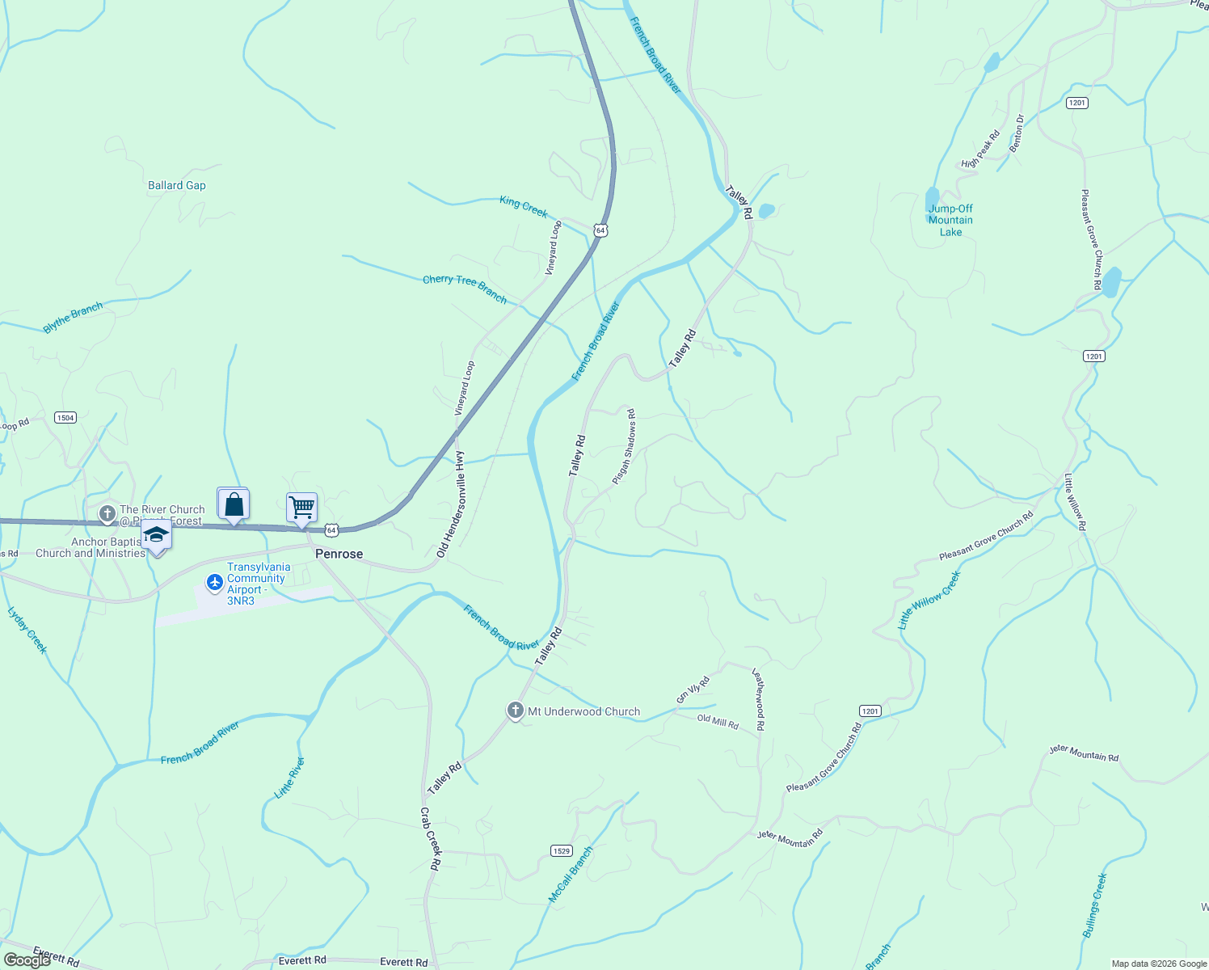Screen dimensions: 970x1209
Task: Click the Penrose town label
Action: coord(339,554)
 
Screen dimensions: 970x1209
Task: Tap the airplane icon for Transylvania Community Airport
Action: coord(214,582)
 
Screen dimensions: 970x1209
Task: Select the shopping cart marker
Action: coord(301,508)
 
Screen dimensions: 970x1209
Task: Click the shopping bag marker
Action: coord(234,504)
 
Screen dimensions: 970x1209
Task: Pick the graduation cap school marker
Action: coord(156,536)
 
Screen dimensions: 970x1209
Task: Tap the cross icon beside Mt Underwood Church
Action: coord(515,711)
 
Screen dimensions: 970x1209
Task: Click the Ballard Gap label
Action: coord(177,185)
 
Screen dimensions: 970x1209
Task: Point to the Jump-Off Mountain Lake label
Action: coord(950,220)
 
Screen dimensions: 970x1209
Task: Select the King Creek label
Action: coord(524,207)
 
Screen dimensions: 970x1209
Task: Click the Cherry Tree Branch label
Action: coord(465,289)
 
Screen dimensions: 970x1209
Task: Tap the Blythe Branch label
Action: coord(73,318)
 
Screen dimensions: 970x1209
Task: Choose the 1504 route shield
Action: coord(65,418)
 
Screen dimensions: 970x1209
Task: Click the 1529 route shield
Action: coord(562,850)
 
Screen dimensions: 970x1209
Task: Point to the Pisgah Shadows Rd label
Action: coord(623,447)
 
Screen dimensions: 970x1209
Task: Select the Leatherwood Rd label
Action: coord(758,699)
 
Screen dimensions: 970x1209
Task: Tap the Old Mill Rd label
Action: coord(718,721)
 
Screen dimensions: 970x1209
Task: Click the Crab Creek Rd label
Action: coord(431,838)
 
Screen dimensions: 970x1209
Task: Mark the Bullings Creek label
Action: coord(1094,905)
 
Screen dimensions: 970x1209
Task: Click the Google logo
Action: coord(27,960)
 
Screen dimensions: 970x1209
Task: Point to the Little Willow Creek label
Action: coord(929,601)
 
